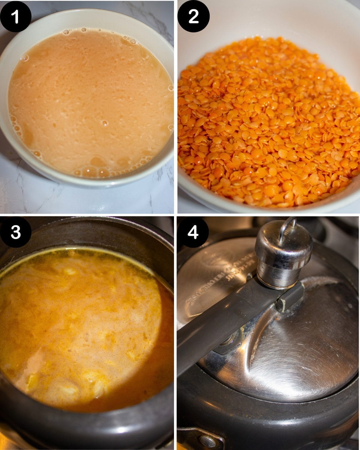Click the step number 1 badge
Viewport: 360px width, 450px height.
click(16, 16)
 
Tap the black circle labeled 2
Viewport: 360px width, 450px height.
click(193, 16)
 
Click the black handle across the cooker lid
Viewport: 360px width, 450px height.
click(228, 324)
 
